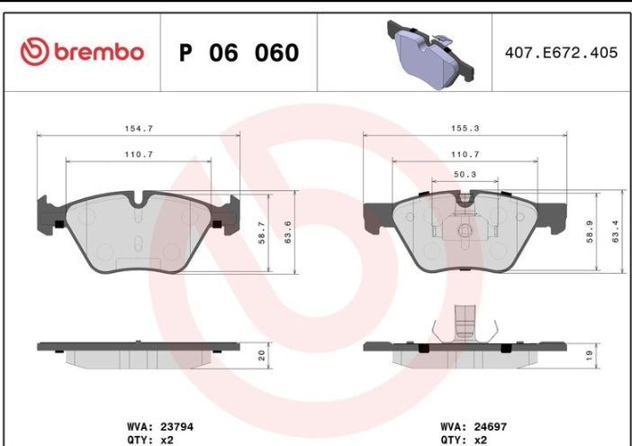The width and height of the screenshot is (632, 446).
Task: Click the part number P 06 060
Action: (239, 53)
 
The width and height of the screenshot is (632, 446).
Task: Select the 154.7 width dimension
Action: (138, 128)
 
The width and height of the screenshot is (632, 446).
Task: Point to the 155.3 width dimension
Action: (465, 128)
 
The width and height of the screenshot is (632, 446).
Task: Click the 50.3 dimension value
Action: (465, 174)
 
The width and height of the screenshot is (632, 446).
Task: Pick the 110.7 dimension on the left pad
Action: (138, 154)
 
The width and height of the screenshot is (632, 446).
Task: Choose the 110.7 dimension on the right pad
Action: (465, 154)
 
